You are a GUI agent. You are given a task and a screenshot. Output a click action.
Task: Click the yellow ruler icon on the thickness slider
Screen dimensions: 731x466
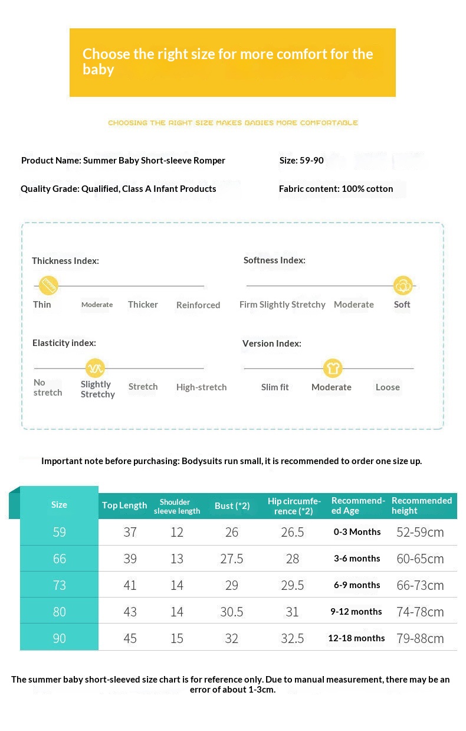pyautogui.click(x=48, y=285)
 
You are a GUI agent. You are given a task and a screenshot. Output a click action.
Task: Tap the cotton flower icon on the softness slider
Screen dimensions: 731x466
pyautogui.click(x=403, y=285)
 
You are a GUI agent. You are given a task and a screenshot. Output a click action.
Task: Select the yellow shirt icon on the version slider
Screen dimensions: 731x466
pyautogui.click(x=333, y=368)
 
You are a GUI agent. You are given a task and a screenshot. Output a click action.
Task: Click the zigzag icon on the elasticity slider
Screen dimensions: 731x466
pyautogui.click(x=95, y=368)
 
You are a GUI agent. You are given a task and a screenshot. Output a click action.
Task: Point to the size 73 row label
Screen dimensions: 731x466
pyautogui.click(x=60, y=585)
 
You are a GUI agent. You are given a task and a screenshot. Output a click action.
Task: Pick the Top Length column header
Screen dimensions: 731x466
pyautogui.click(x=124, y=505)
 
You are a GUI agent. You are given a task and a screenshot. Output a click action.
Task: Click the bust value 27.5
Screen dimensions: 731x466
pyautogui.click(x=232, y=559)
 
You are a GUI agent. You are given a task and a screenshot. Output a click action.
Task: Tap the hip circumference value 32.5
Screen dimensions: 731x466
pyautogui.click(x=293, y=638)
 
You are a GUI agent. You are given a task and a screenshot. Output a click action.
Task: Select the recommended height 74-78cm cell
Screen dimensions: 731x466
pyautogui.click(x=420, y=612)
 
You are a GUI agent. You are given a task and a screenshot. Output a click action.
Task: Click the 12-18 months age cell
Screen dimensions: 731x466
pyautogui.click(x=356, y=638)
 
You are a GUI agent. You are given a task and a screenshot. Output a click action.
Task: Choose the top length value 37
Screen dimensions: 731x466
pyautogui.click(x=130, y=532)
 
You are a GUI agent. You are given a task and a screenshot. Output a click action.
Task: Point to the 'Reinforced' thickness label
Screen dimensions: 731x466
pyautogui.click(x=198, y=305)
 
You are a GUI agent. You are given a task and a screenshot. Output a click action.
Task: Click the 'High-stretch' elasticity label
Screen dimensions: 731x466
pyautogui.click(x=201, y=387)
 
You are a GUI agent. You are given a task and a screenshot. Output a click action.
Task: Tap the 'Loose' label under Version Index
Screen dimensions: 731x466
pyautogui.click(x=388, y=387)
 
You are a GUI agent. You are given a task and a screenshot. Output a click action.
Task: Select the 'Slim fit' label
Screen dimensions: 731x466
pyautogui.click(x=275, y=387)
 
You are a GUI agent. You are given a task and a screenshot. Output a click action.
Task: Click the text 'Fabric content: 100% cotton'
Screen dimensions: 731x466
pyautogui.click(x=336, y=189)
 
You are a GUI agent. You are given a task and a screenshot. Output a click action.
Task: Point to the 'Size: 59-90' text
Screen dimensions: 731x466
pyautogui.click(x=301, y=161)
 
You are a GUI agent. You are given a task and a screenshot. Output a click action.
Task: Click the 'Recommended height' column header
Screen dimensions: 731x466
pyautogui.click(x=422, y=505)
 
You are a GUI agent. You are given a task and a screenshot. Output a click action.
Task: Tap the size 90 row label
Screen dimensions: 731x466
pyautogui.click(x=60, y=638)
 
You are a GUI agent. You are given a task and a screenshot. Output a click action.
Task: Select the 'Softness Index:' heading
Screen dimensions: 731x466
pyautogui.click(x=274, y=260)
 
